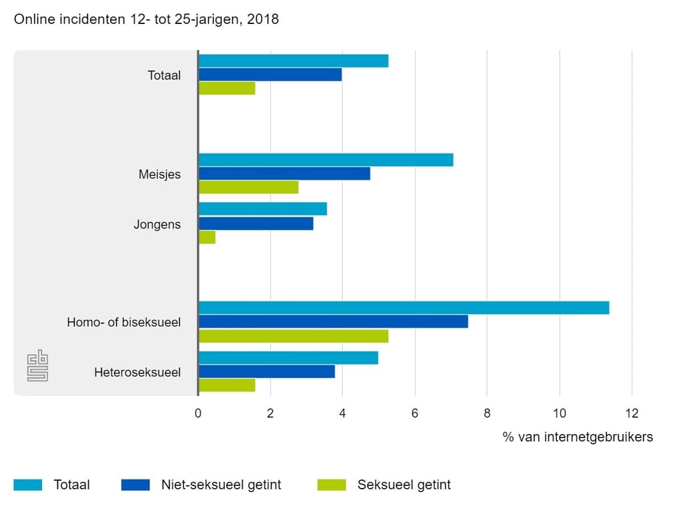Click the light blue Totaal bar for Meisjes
tap(325, 160)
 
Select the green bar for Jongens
tap(207, 237)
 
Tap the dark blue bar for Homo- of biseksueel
tap(333, 322)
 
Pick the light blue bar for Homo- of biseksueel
tap(404, 308)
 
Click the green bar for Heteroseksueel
tap(227, 385)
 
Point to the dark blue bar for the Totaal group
tap(270, 75)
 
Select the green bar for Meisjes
tap(249, 187)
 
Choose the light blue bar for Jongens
tap(263, 209)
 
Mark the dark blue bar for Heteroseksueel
tap(267, 371)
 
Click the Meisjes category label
tap(159, 174)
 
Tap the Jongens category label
tap(157, 224)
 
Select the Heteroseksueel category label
tap(137, 372)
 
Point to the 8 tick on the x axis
tap(487, 413)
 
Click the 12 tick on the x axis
tap(632, 413)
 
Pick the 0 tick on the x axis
tap(198, 413)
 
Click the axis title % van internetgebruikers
tap(578, 437)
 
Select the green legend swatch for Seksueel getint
tap(331, 485)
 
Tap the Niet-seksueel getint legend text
tap(221, 485)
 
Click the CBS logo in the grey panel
tap(38, 366)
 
